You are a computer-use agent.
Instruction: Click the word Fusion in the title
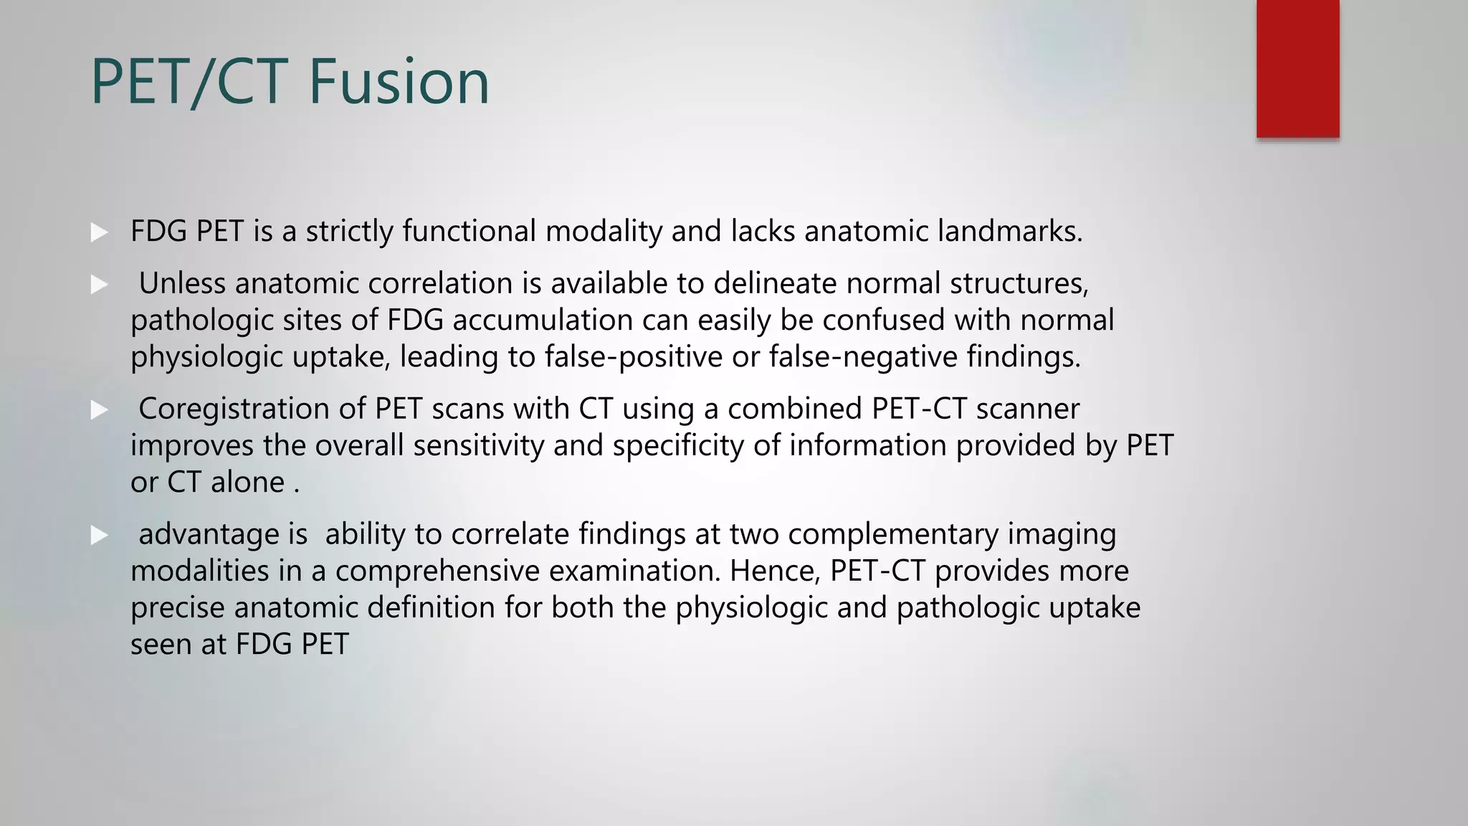point(399,82)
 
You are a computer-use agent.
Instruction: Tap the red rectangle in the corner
point(1297,67)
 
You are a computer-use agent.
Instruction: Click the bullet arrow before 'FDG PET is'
point(99,232)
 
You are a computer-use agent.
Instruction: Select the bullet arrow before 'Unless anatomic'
point(99,285)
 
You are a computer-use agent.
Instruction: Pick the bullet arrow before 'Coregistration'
point(99,410)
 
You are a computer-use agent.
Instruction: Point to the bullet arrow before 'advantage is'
point(99,536)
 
